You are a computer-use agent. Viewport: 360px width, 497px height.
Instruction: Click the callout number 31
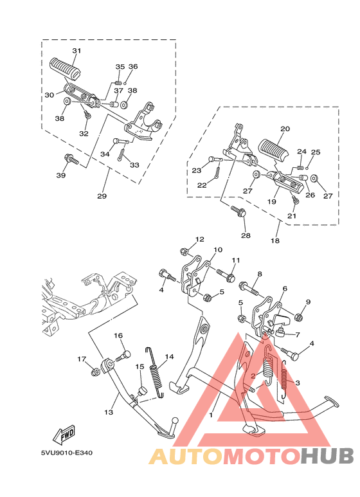tap(76, 51)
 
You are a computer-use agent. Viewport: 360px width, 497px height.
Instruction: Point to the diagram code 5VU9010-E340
tap(66, 453)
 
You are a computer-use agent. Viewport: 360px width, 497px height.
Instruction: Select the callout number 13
tap(109, 412)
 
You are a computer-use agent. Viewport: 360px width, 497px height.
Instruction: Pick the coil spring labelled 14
tap(155, 374)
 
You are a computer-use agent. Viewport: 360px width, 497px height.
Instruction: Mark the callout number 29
tap(102, 195)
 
